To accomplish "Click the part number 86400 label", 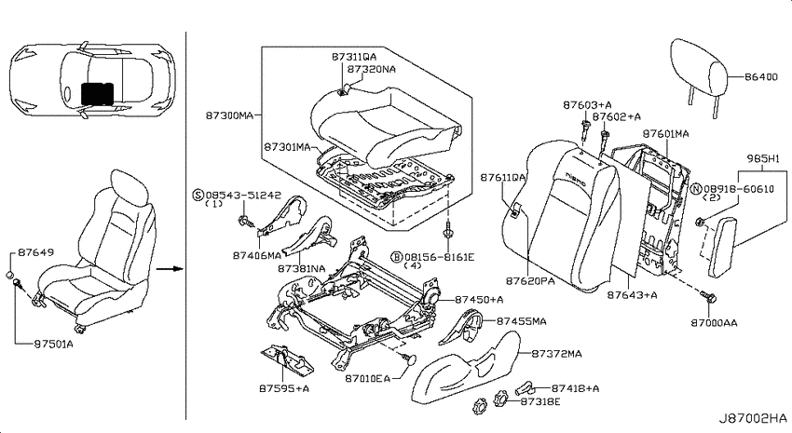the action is pos(760,77).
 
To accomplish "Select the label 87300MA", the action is pos(229,115).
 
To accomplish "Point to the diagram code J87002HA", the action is pos(754,418).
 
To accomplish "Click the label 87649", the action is pos(36,252).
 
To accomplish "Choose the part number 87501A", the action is pos(53,345).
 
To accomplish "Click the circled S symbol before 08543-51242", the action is pos(198,196).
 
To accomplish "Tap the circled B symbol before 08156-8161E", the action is pos(398,257).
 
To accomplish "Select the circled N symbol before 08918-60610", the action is pos(696,189).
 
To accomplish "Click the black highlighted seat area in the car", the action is pos(98,94).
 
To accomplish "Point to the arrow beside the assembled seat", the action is pos(169,268).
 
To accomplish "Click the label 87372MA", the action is pos(556,354).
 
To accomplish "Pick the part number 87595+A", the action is pos(284,388).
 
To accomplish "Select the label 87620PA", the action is pos(530,280).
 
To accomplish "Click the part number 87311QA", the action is pos(354,57).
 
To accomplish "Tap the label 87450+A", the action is pos(479,300).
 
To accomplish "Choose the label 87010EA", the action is pos(368,378).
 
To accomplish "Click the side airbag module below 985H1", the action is pos(722,248).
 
